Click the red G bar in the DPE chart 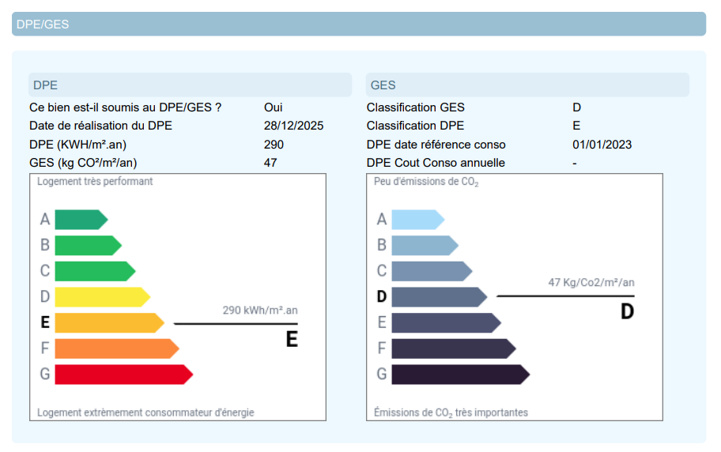123,375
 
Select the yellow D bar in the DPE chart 102,297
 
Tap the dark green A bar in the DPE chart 81,220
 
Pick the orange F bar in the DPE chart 117,348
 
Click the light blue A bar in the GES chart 418,220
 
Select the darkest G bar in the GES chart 461,375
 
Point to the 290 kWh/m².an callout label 260,311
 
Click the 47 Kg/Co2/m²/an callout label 591,282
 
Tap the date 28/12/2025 293,126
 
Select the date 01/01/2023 602,145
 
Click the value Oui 273,107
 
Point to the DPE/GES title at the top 43,24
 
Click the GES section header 383,85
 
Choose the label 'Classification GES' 415,107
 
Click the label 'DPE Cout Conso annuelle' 436,163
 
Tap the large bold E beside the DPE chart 292,339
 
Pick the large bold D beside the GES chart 627,312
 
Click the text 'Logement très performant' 95,182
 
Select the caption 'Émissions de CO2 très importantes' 451,413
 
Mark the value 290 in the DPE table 274,145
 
